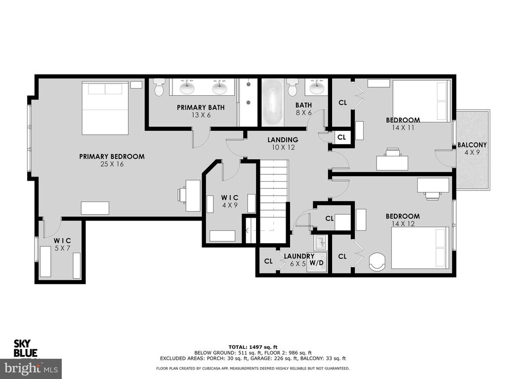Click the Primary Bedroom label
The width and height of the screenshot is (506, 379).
tap(112, 156)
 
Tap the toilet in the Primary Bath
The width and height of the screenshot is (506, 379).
tap(159, 88)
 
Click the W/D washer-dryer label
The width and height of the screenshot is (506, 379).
tap(316, 263)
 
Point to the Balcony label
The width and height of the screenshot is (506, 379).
tap(472, 145)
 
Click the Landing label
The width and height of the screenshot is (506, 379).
tap(283, 140)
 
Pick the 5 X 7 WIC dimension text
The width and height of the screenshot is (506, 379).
tap(63, 248)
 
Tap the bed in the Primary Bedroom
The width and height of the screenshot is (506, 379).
tap(105, 108)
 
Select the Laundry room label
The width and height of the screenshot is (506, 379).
tap(299, 256)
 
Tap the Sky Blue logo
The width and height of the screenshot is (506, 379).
tap(25, 348)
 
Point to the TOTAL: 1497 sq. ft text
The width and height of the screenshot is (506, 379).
tap(253, 347)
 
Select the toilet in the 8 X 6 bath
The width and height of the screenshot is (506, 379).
tap(293, 88)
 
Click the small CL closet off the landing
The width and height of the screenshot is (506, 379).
tap(342, 137)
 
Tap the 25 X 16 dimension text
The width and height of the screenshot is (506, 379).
tap(112, 164)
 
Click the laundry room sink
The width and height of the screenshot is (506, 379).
tap(320, 242)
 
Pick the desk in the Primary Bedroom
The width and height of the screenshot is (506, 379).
tap(193, 195)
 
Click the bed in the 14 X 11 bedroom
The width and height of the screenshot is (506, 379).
tap(421, 101)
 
